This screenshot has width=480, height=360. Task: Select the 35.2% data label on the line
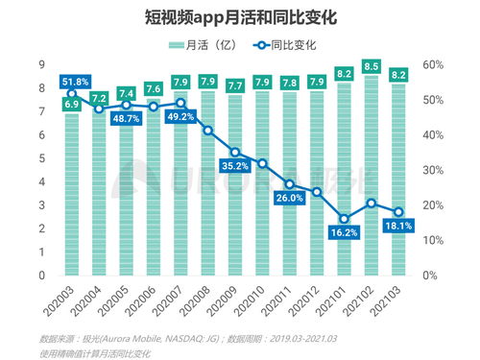click(x=235, y=165)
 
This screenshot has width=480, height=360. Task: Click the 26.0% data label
click(x=290, y=198)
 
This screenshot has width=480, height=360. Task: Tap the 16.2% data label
click(x=344, y=232)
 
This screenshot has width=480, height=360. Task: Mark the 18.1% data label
click(x=397, y=226)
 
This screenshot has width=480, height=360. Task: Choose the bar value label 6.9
click(x=72, y=103)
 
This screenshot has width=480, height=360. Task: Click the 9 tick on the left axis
click(x=42, y=64)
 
